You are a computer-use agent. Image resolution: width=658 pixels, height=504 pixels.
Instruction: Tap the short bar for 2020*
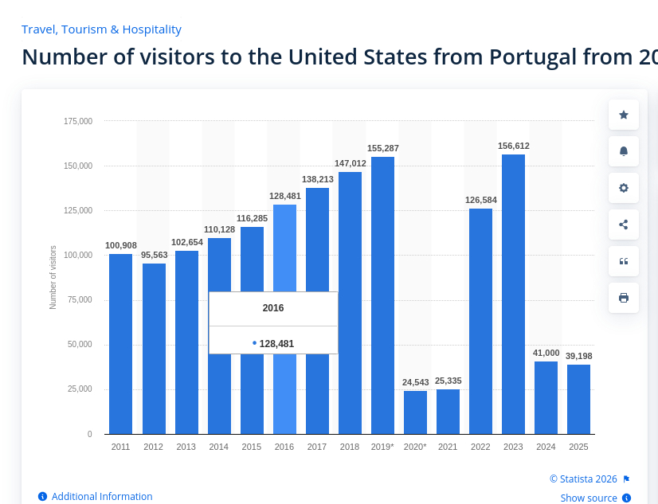click(415, 412)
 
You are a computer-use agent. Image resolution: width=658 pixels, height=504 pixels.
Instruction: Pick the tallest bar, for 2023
click(513, 294)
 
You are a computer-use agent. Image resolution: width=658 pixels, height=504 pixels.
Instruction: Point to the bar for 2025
click(578, 399)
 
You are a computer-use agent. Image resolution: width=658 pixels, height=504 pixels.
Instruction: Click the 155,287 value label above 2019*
click(383, 149)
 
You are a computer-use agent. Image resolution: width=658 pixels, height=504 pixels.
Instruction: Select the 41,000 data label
click(546, 353)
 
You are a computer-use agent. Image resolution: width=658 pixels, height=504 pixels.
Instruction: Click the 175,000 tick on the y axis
click(78, 121)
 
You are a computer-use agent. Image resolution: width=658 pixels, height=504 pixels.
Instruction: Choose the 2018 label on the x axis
click(350, 447)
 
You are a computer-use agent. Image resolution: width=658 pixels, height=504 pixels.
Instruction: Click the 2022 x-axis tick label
click(480, 447)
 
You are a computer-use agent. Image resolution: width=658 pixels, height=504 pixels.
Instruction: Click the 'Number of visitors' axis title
click(53, 277)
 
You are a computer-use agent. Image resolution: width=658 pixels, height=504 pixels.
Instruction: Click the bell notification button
click(624, 151)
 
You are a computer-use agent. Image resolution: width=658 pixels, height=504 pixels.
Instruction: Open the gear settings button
click(624, 188)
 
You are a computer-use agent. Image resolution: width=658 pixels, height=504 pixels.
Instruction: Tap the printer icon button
click(624, 298)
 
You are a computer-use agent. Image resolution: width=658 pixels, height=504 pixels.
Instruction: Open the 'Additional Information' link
click(102, 497)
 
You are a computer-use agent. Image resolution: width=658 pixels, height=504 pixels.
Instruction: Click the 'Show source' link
click(589, 498)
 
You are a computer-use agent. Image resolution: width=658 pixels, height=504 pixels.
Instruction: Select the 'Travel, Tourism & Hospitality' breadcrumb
click(101, 29)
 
